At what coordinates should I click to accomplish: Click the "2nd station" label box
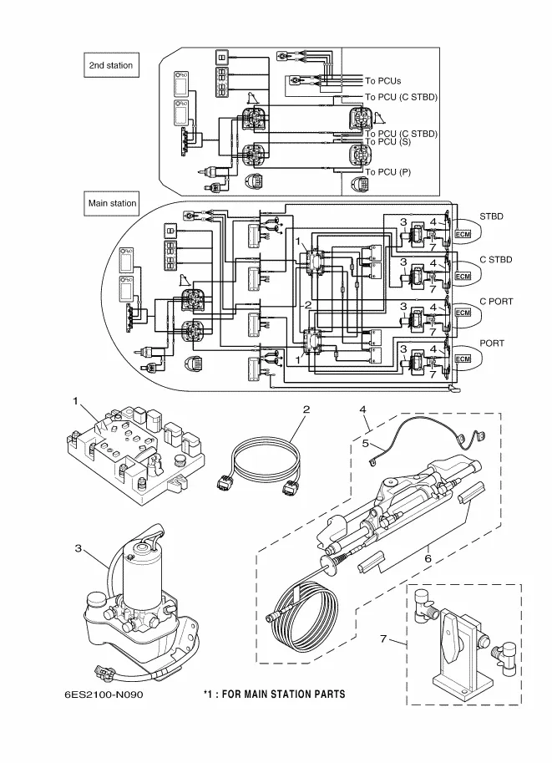click(110, 65)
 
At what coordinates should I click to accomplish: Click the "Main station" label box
click(112, 203)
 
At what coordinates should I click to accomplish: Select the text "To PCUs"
click(382, 81)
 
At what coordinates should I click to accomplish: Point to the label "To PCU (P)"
click(387, 171)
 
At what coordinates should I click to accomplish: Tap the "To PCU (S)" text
click(388, 142)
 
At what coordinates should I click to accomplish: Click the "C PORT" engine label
click(495, 301)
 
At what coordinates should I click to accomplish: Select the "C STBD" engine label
click(495, 260)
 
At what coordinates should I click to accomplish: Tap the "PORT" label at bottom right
click(491, 342)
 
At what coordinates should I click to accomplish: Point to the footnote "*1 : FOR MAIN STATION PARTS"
click(274, 694)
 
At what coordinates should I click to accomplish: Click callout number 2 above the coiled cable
click(306, 409)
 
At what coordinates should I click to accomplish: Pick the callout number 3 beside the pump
click(78, 549)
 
